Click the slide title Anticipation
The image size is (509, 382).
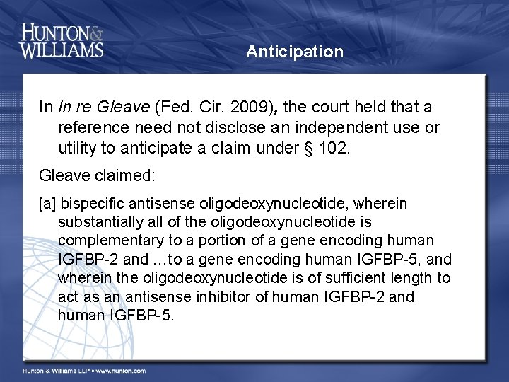click(x=295, y=52)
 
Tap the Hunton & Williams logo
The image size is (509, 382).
click(x=62, y=40)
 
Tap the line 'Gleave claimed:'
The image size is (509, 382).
click(x=87, y=174)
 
